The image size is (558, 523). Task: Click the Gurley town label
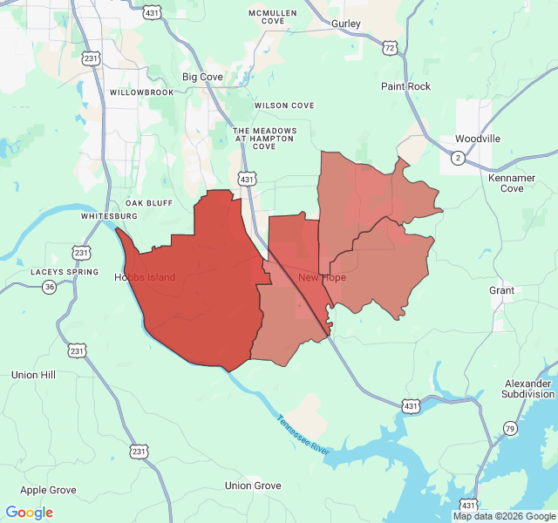346,24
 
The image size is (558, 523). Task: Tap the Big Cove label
202,77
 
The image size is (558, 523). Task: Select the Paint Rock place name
405,86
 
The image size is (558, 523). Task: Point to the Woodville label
477,139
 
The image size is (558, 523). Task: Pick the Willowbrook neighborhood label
142,92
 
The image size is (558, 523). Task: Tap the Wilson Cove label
284,105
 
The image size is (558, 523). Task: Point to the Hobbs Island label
145,277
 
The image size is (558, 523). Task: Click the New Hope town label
322,277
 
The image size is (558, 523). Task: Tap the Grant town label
501,290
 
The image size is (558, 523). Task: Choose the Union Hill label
33,375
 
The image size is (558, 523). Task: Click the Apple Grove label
48,491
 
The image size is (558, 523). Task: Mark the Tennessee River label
303,434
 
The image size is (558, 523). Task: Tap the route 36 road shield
49,287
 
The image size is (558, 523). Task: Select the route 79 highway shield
509,428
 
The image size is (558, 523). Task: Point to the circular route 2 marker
458,158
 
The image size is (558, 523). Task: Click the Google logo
30,513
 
